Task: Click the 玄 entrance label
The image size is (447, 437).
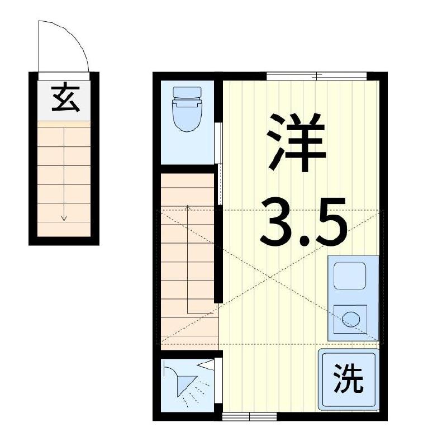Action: point(64,99)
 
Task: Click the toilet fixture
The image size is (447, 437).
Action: point(187,110)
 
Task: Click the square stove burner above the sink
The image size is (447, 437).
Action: point(350,276)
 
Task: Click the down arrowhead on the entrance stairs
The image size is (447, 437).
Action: point(64,217)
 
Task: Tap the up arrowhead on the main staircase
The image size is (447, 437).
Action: point(188,207)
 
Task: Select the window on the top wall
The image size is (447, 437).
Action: point(316,75)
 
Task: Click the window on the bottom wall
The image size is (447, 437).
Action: point(249,416)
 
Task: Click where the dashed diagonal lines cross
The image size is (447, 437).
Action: point(272,277)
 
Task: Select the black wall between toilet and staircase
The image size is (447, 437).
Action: point(187,168)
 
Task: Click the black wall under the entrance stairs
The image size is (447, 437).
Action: point(64,241)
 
